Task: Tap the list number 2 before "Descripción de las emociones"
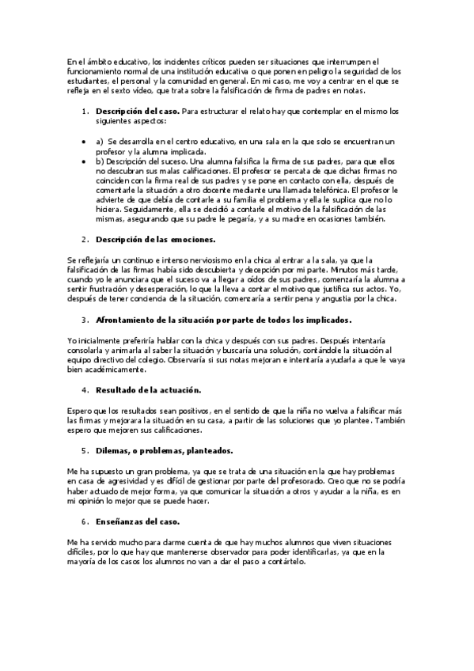85,238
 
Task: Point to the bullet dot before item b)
85,160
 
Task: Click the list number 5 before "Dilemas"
85,451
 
